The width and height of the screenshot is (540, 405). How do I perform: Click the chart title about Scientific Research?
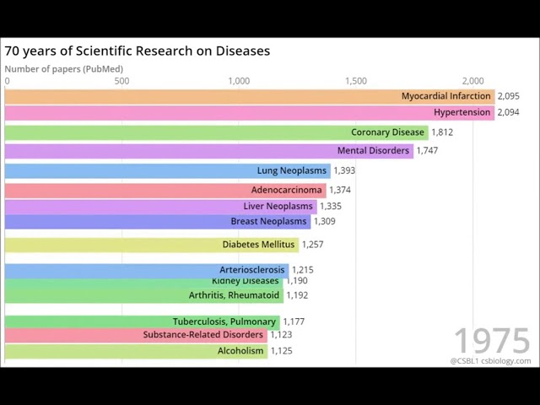click(137, 51)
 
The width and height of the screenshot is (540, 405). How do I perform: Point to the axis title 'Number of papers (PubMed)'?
click(63, 69)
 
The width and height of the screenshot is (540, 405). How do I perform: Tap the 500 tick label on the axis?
click(121, 81)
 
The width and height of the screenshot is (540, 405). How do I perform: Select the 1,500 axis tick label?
click(355, 81)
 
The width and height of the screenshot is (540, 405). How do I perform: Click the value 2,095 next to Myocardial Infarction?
click(508, 96)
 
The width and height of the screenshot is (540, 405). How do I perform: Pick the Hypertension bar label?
click(462, 112)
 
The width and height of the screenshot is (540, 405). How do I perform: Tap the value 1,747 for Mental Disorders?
click(427, 150)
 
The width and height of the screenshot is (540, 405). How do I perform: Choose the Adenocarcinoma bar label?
click(286, 190)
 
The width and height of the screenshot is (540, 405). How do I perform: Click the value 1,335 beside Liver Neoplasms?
click(331, 206)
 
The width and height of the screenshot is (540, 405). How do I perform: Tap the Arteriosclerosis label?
click(252, 270)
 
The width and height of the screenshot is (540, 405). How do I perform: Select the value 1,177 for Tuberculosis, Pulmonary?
click(294, 321)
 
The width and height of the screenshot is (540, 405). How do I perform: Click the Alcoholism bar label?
click(240, 351)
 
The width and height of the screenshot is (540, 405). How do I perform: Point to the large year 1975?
click(492, 341)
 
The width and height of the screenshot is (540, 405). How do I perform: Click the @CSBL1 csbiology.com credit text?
click(490, 361)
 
